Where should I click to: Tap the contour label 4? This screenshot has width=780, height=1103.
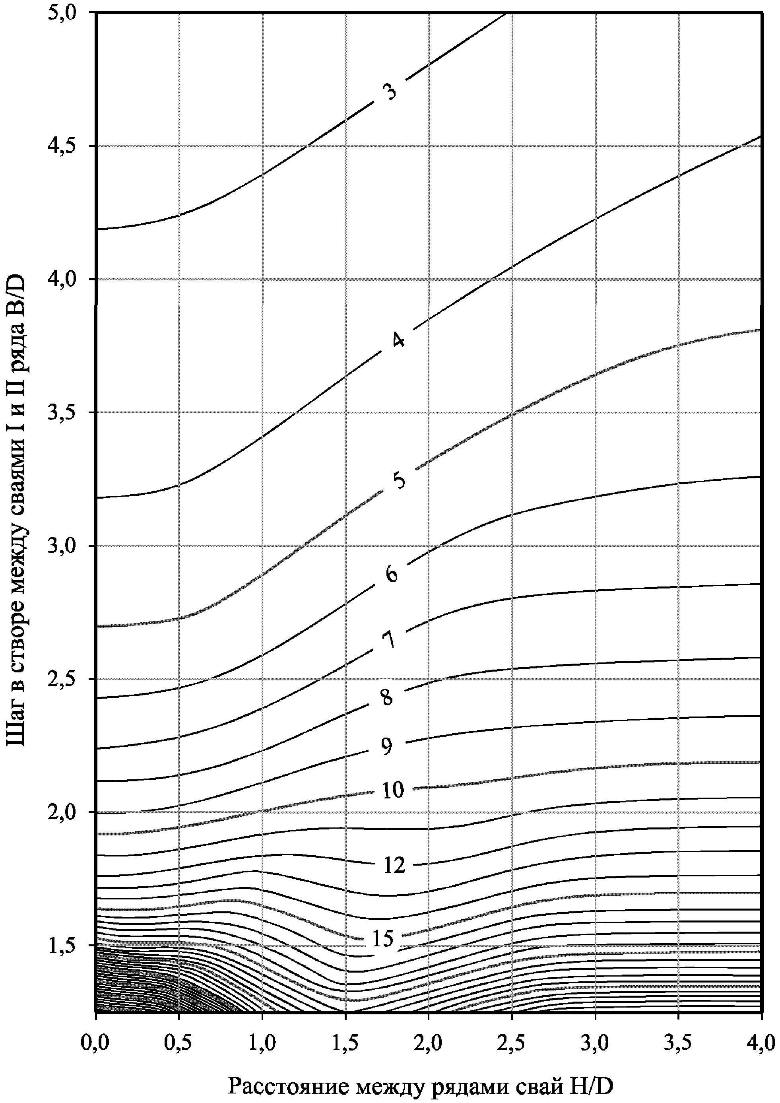(x=398, y=339)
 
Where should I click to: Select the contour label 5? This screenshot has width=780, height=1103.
(x=398, y=480)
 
